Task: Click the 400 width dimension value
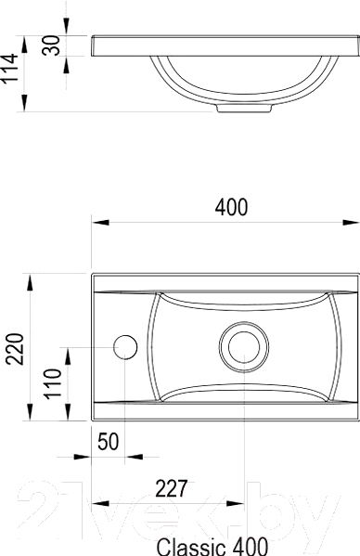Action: click(231, 207)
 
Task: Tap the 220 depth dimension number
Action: click(16, 349)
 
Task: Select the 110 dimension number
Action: click(53, 383)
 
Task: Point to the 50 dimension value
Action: click(108, 442)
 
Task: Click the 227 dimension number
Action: click(171, 488)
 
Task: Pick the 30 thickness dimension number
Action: click(51, 45)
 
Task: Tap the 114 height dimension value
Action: click(9, 69)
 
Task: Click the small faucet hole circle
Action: click(125, 347)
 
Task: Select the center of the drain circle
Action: click(244, 347)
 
